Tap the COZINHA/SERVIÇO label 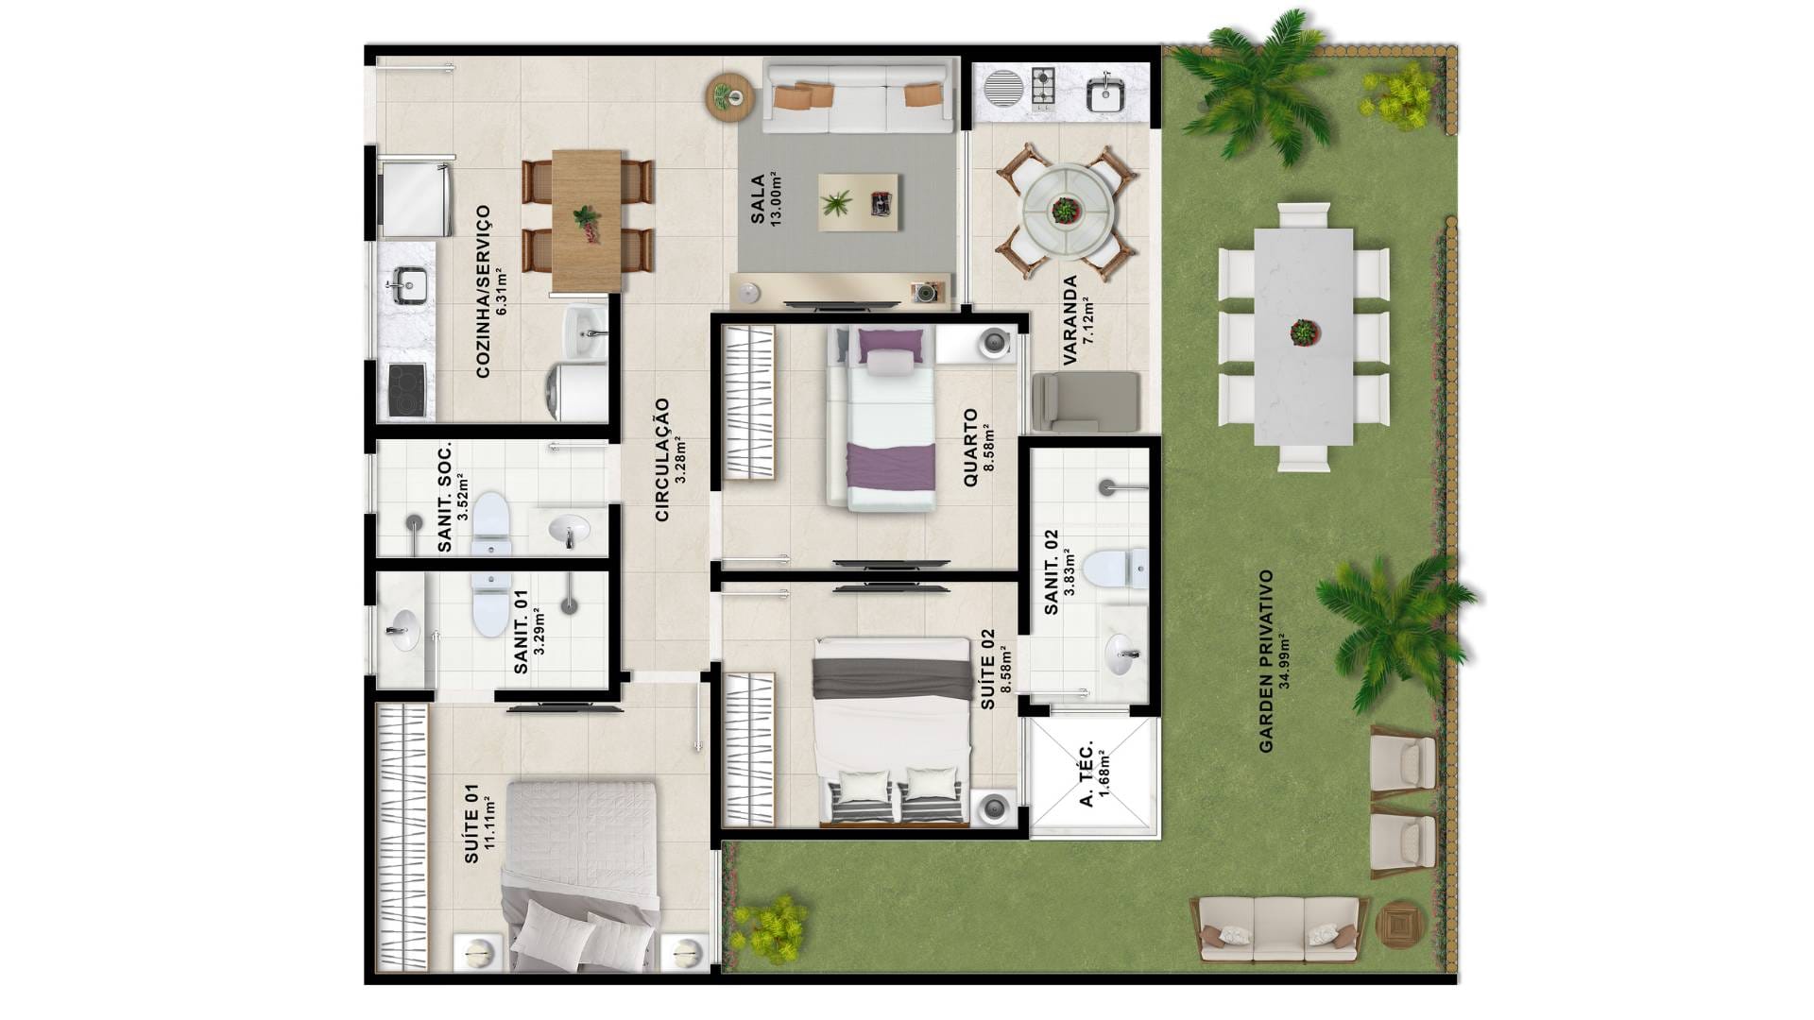pos(483,292)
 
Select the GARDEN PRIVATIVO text pos(1267,661)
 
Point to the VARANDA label pos(1070,321)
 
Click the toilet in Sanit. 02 pos(1115,569)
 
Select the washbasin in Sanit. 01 pos(402,629)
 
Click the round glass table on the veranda pos(1066,210)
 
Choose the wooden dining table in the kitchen pos(587,220)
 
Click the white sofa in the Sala pos(858,96)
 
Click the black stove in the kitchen pos(406,389)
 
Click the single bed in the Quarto pos(881,418)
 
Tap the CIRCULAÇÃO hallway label pos(662,459)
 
